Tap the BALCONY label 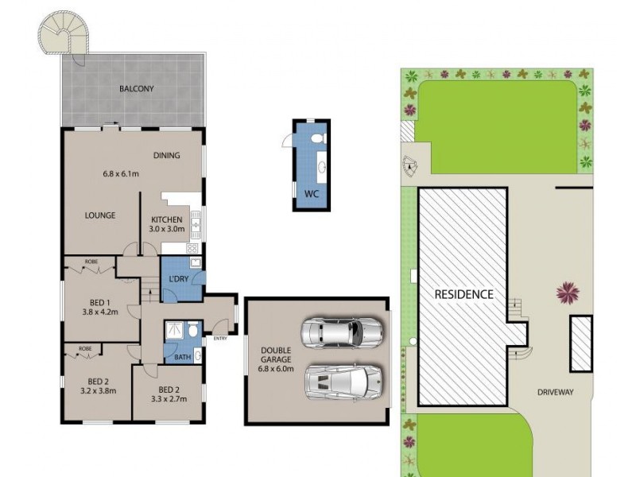pos(136,90)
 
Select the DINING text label pos(167,155)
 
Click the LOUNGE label pos(101,215)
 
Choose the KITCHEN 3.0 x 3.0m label pos(166,224)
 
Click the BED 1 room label pos(100,307)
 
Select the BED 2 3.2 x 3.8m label pos(96,385)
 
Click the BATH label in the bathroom pos(182,357)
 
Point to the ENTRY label pos(220,339)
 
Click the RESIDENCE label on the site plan pos(463,293)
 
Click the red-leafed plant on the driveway pos(568,293)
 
